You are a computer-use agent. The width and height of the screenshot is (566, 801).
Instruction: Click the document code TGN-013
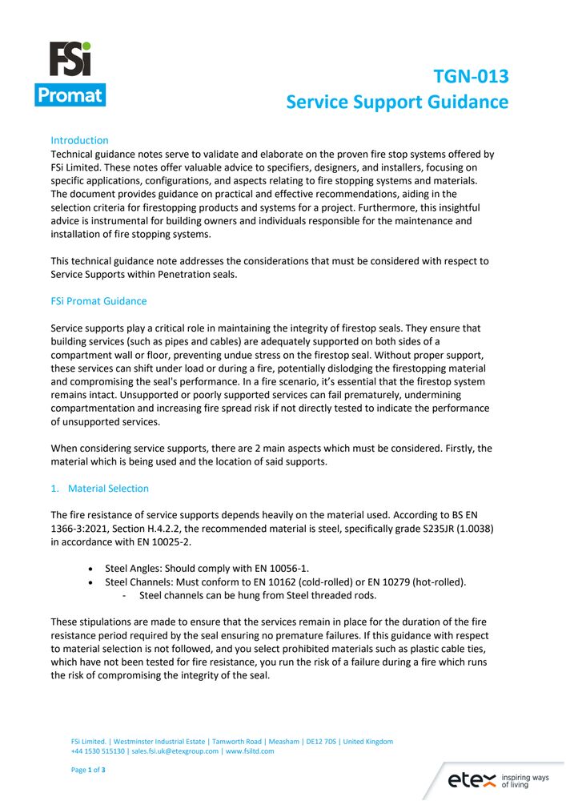pos(471,77)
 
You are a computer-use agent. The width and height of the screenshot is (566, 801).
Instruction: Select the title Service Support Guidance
pos(397,102)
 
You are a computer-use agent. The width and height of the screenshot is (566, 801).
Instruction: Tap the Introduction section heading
pos(79,140)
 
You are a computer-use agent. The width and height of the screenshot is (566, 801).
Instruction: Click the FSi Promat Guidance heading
pos(98,302)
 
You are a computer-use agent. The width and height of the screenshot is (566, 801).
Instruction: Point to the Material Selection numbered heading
pos(107,488)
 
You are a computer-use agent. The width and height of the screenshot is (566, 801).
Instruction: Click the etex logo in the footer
pos(472,779)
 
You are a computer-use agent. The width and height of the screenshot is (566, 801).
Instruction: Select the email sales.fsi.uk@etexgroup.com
pos(176,751)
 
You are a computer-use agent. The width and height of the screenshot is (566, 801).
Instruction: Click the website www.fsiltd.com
pos(250,751)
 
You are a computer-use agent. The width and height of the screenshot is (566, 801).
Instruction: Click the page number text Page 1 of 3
pos(89,770)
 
